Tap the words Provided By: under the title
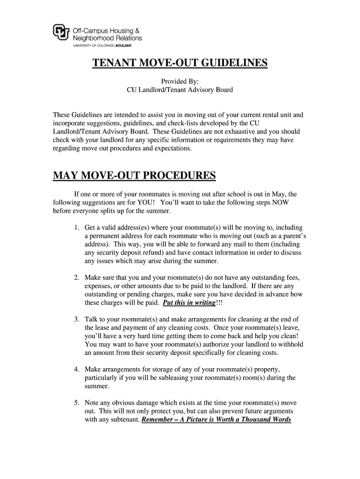(180, 81)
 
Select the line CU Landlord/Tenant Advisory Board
(180, 90)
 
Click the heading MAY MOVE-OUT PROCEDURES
(135, 176)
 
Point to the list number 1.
(76, 227)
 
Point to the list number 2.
(76, 278)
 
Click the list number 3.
(76, 319)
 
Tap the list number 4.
(76, 370)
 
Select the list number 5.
(76, 403)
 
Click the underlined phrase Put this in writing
(189, 303)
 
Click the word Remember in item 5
(160, 420)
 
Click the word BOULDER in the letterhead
(121, 46)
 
